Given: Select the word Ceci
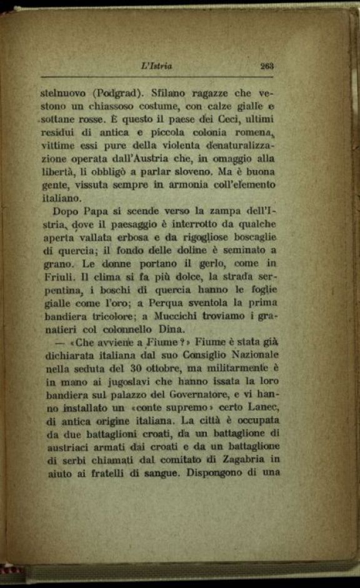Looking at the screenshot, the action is (218, 119).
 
